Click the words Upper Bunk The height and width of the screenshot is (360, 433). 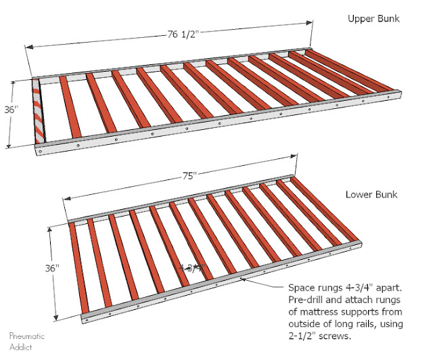(x=373, y=18)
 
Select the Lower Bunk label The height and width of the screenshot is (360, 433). (x=371, y=195)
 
